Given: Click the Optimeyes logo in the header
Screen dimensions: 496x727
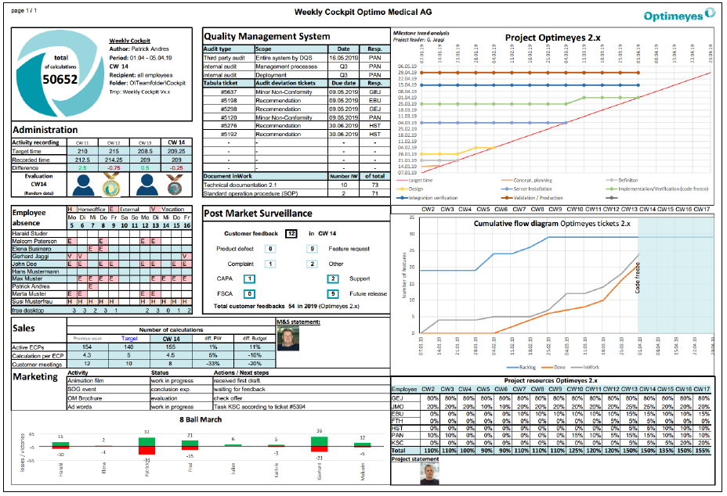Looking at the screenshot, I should pyautogui.click(x=679, y=15).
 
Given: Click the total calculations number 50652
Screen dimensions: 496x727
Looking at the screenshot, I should pyautogui.click(x=60, y=79).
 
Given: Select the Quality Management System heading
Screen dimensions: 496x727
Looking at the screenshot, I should pyautogui.click(x=266, y=36).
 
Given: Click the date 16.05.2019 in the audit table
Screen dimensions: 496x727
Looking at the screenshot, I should pyautogui.click(x=344, y=57).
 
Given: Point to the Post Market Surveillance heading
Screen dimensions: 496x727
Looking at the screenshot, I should pyautogui.click(x=259, y=214).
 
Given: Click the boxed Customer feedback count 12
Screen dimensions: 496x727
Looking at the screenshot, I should pyautogui.click(x=291, y=233).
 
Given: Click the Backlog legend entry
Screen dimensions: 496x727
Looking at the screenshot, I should pyautogui.click(x=527, y=366).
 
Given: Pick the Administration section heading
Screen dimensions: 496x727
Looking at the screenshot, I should pyautogui.click(x=45, y=130).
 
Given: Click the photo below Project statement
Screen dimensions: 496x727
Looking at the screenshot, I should pyautogui.click(x=403, y=473).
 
